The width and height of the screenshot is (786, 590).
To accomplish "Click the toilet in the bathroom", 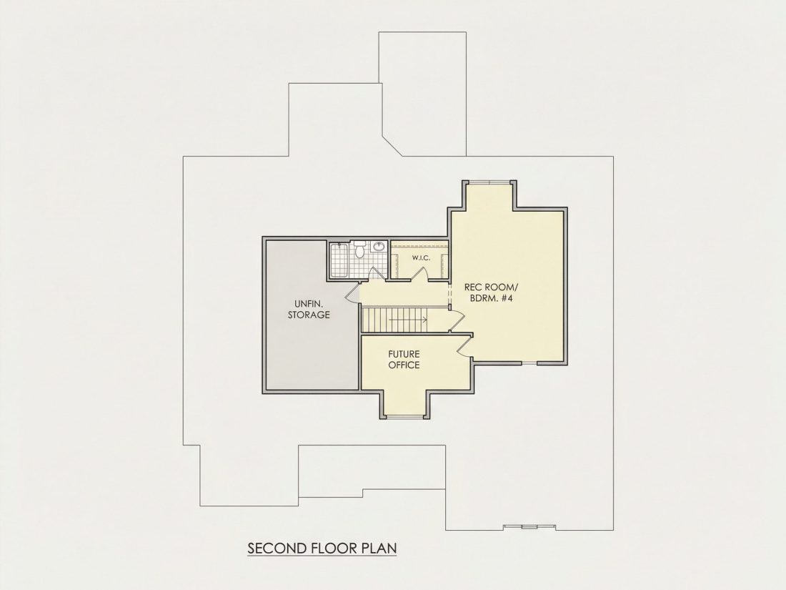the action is [359, 249].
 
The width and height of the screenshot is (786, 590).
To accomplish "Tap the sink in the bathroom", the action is [379, 246].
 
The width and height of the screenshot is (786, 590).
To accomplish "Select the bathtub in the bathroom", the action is [339, 260].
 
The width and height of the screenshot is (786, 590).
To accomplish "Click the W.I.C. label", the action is [422, 258].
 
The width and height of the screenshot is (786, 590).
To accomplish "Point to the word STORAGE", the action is [309, 315].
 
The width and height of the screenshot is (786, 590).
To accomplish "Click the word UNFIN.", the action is [309, 303].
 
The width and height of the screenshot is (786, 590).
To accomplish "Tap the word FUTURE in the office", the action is [404, 354].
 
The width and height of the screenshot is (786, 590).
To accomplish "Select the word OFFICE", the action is [404, 365].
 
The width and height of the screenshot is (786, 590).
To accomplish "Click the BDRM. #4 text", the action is [491, 298].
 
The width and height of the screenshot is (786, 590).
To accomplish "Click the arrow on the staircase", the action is [409, 319].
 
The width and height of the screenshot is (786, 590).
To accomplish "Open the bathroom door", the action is [375, 273].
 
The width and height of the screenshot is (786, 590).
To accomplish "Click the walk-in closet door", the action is [421, 274].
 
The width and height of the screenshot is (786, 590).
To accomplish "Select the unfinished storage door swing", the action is [352, 293].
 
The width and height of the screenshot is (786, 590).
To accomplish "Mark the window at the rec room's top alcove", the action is [488, 181].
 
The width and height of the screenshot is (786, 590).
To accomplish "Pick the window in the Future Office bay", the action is [406, 417].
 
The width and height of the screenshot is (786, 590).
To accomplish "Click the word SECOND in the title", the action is [277, 547].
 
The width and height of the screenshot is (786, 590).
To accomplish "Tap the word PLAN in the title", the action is [379, 547].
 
